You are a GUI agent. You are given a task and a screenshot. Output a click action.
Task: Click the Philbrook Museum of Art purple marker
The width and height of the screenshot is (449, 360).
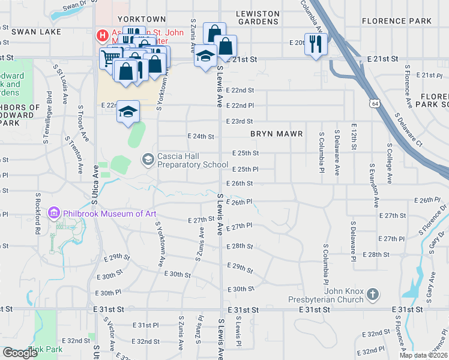click(x=54, y=213)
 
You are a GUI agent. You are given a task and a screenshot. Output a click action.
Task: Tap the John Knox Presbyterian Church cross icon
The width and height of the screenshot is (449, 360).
click(x=373, y=294)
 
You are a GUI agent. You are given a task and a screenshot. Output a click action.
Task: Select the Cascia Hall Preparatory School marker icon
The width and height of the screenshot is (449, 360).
click(x=148, y=159)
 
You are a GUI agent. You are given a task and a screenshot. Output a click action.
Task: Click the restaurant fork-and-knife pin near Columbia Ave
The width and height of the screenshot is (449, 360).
click(x=315, y=44)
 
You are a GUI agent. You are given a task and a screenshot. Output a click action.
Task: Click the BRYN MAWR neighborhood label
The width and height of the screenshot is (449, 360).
click(x=276, y=133)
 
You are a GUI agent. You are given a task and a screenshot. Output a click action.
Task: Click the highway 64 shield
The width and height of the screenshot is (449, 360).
click(x=375, y=104)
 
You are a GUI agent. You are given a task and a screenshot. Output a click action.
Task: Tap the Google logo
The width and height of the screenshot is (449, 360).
click(x=20, y=353)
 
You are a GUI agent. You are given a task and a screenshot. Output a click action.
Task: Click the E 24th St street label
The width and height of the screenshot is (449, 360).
click(x=201, y=136)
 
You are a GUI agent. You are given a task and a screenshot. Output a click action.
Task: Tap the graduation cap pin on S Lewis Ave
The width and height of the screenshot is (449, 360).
click(x=205, y=56)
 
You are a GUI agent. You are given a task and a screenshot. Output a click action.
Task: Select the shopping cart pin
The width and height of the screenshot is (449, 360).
click(x=109, y=58)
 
